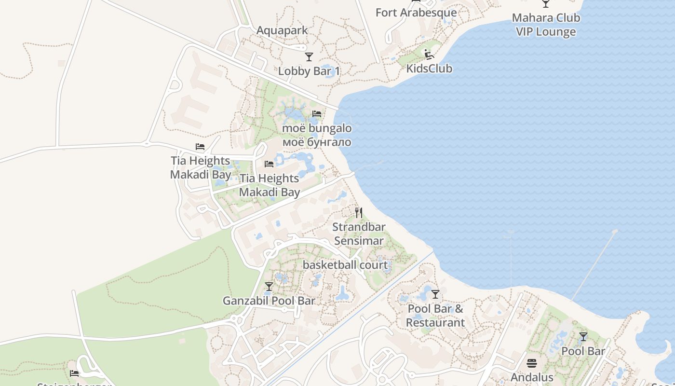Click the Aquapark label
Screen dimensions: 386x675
(x=282, y=30)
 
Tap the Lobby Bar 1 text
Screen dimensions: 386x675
(x=309, y=71)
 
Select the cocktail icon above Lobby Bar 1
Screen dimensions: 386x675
(x=309, y=57)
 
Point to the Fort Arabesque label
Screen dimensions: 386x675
(x=416, y=13)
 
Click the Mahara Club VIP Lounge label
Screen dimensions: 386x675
(x=546, y=25)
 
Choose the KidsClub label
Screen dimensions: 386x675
(x=429, y=69)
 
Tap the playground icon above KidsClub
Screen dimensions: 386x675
(x=429, y=54)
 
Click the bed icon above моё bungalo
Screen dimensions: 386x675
(x=317, y=114)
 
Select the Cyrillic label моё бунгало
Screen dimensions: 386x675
(x=316, y=142)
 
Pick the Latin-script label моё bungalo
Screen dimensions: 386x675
(x=316, y=128)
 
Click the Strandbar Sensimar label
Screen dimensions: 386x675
(x=359, y=234)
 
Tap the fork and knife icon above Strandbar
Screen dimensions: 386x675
(x=359, y=212)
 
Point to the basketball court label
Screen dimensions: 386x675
(x=345, y=265)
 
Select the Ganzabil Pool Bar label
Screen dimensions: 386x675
(x=269, y=301)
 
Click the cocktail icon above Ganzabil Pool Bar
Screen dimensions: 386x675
(x=269, y=287)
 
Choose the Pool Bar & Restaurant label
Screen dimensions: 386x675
(x=435, y=316)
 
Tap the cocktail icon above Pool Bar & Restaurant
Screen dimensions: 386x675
(x=435, y=294)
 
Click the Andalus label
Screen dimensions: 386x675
(x=532, y=377)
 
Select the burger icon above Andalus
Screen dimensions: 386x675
(x=532, y=363)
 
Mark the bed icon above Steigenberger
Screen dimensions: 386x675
(x=74, y=373)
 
